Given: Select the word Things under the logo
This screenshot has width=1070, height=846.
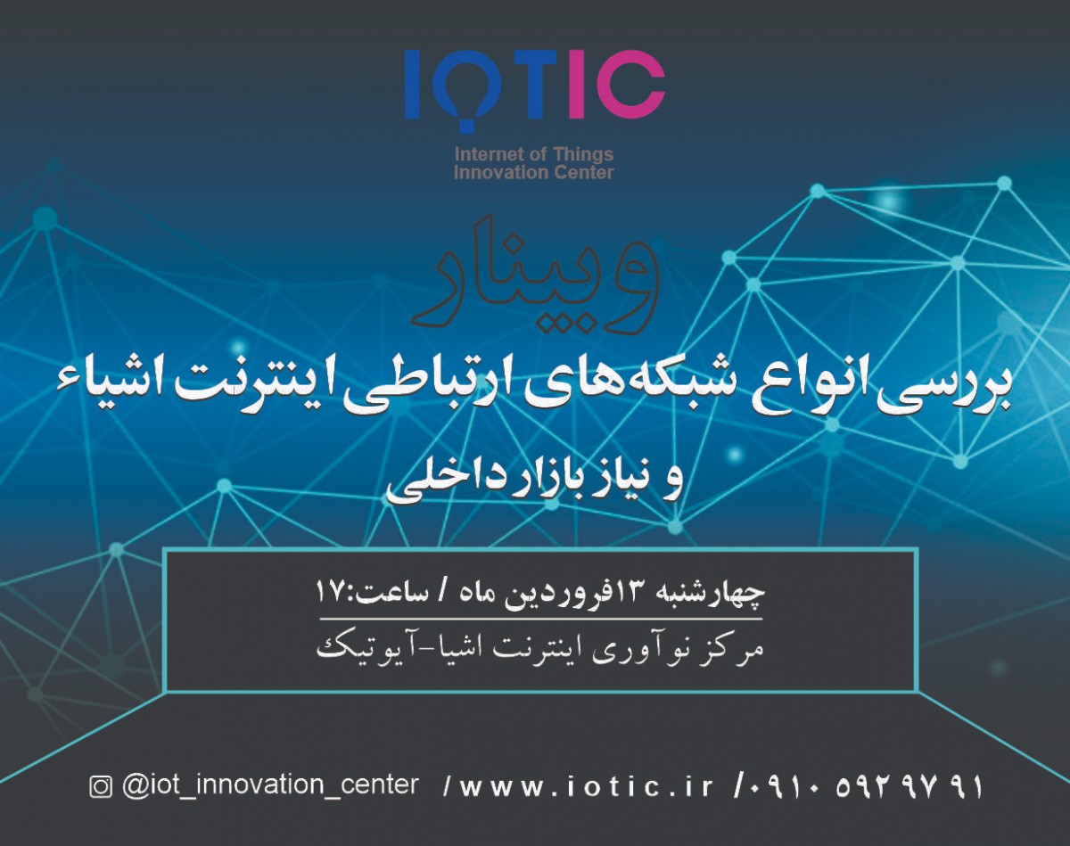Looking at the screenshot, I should point(580,155).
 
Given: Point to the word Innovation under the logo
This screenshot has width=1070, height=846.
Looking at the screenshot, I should point(496,172).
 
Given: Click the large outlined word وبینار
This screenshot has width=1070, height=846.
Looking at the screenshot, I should point(534,272).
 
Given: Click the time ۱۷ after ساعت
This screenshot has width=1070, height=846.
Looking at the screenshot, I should point(330,591).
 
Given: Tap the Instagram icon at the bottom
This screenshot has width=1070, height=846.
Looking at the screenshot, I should point(101,786).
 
